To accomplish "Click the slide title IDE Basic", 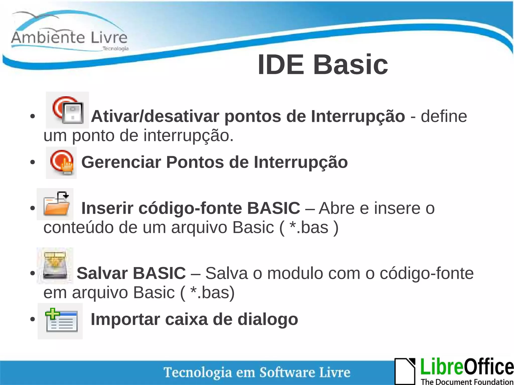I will pos(323,65).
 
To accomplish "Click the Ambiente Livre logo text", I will pos(69,38).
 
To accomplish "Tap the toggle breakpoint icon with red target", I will pos(68,110).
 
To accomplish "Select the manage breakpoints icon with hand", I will pos(61,163).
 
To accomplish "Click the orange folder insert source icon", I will pos(56,204).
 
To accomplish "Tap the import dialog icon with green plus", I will pos(60,321).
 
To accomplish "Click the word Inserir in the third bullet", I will pos(107,208).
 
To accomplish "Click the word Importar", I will pos(125,320).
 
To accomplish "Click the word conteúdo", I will pos(78,228).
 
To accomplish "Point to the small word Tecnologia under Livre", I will pos(115,48).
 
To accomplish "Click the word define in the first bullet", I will pos(444,116).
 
